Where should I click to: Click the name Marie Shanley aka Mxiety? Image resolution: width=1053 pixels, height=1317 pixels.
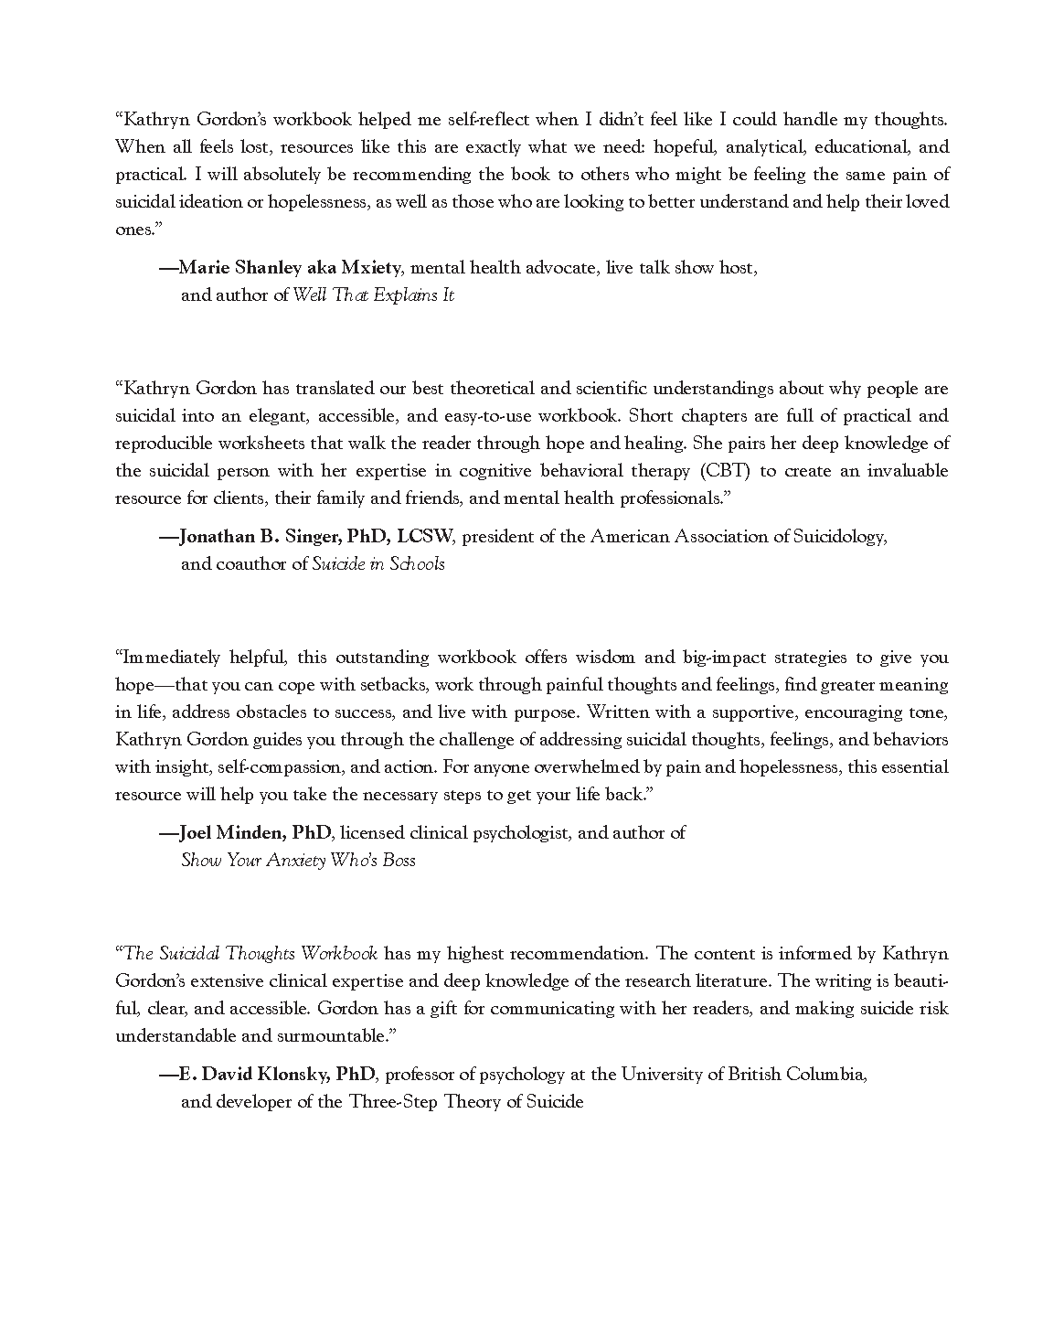pos(290,268)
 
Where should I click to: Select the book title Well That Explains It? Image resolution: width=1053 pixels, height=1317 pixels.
pos(373,295)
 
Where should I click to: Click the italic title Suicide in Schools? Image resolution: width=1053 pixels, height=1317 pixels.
pos(378,564)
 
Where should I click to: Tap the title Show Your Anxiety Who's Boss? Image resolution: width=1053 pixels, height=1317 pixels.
pos(298,861)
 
